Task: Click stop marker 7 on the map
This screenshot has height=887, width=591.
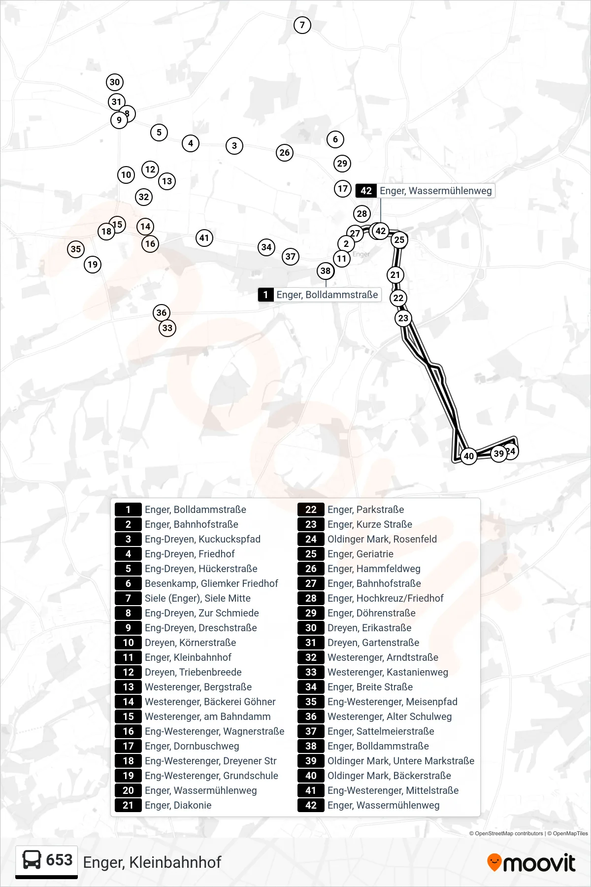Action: coord(302,25)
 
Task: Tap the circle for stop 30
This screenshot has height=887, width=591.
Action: coord(115,82)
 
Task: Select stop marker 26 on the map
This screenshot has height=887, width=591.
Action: coord(285,153)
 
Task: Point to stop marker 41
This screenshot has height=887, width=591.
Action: coord(204,238)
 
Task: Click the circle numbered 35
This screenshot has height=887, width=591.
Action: coord(76,249)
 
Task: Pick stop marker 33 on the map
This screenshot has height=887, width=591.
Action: coord(167,328)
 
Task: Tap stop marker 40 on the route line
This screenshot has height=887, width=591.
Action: coord(469,456)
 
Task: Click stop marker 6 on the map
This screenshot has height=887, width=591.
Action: coord(335,139)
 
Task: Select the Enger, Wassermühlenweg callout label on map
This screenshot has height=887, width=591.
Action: coord(426,191)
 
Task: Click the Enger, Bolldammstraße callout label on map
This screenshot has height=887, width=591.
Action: coord(320,295)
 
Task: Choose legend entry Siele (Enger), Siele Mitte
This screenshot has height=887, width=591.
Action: coord(197,598)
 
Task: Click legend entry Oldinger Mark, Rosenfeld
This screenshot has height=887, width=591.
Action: coord(382,539)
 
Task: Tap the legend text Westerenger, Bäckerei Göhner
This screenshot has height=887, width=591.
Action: coord(210,702)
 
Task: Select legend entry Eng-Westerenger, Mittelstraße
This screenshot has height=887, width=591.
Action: coord(393,790)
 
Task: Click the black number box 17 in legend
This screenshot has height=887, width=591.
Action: coord(128,746)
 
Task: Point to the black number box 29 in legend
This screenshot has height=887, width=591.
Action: coord(311,613)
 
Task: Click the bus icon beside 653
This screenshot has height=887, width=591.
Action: coord(32,860)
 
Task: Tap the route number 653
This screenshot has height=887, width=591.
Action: coord(59,860)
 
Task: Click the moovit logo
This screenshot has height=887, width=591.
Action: coord(531,862)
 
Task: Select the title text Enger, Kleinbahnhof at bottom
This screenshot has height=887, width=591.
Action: coord(152,862)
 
